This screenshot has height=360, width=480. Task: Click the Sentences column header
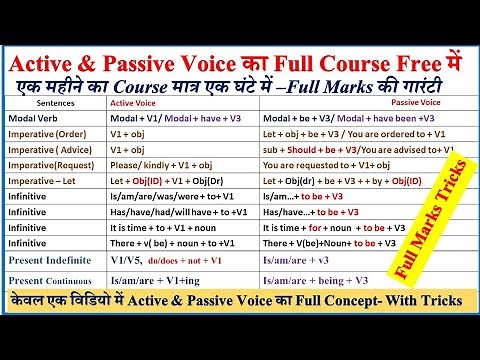[51, 102]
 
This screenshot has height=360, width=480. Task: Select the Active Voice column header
[136, 102]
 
